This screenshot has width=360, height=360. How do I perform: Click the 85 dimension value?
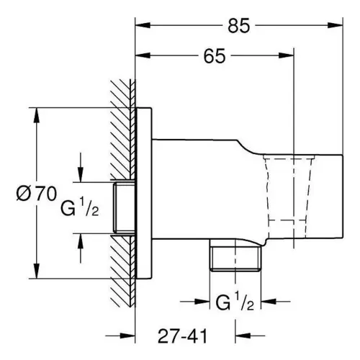[239, 26]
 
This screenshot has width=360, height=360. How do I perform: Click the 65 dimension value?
[215, 56]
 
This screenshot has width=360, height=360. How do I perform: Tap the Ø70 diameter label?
[37, 194]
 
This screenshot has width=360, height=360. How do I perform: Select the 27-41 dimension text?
[182, 336]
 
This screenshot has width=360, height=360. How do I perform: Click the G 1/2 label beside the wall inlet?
[79, 207]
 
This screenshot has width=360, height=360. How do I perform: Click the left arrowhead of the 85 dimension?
[143, 25]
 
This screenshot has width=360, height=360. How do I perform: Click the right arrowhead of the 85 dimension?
[335, 25]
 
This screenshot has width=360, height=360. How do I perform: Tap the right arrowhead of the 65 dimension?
[286, 55]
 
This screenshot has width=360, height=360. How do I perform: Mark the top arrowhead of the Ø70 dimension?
[37, 115]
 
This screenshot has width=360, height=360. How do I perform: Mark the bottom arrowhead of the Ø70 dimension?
[37, 271]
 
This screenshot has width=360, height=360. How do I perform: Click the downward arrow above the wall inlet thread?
[81, 167]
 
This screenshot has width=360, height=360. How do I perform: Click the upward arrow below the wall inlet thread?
[81, 248]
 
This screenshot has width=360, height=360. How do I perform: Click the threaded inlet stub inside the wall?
[124, 207]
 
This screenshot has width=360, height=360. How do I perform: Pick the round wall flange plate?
[143, 194]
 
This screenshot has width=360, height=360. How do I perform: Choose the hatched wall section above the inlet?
[123, 130]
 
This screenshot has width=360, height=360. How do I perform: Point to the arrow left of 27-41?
[120, 336]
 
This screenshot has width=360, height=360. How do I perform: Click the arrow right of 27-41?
[250, 336]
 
